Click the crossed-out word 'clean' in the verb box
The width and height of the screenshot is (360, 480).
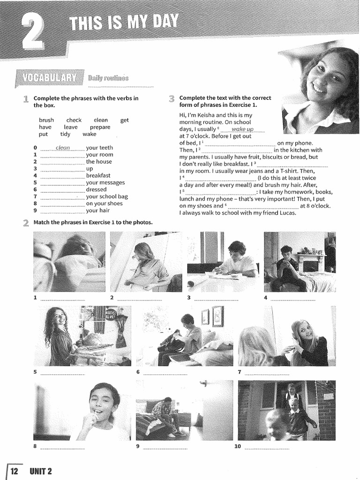coord(101,120)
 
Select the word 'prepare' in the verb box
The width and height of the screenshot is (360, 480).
coord(100,127)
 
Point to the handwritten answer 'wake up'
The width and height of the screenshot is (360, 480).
coord(242,129)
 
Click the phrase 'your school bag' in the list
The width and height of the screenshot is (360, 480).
coord(107,196)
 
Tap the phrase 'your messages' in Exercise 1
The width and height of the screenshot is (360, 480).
coord(105,182)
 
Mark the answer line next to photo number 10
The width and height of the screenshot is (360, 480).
coord(267,447)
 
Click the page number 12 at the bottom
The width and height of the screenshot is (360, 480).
coord(14,471)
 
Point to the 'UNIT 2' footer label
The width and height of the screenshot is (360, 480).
coord(41,471)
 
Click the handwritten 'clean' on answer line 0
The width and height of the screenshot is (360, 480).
coord(62,148)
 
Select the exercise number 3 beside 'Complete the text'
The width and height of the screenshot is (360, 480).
coord(172,98)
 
